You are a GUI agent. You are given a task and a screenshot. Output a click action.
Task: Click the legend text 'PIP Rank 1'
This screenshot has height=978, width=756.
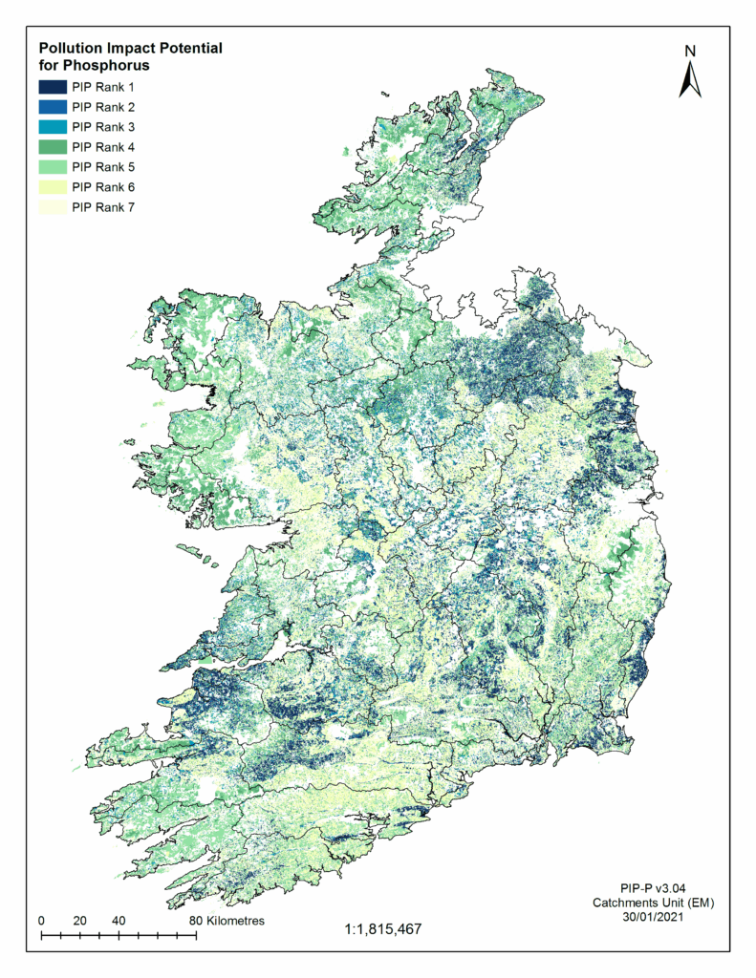[103, 87]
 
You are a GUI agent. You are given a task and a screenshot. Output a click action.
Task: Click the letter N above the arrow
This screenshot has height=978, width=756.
[690, 51]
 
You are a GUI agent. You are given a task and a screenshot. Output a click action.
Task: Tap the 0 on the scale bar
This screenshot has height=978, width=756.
[41, 921]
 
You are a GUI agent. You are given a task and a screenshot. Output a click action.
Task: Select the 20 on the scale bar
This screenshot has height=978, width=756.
[79, 921]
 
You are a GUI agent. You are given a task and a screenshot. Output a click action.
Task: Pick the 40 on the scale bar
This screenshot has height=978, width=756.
[119, 921]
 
